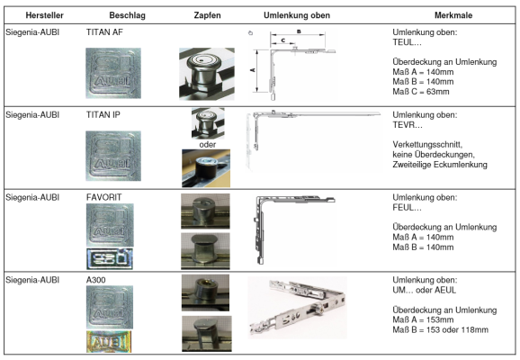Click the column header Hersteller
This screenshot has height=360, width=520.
pyautogui.click(x=44, y=15)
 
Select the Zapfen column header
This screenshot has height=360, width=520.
pyautogui.click(x=207, y=15)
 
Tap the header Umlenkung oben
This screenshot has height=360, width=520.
pyautogui.click(x=297, y=15)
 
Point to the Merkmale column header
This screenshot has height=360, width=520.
pyautogui.click(x=453, y=15)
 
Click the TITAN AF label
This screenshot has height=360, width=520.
pyautogui.click(x=104, y=32)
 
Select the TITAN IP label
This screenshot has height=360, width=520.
pyautogui.click(x=103, y=115)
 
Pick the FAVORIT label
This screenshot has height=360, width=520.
pyautogui.click(x=103, y=197)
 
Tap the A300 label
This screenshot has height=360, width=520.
pyautogui.click(x=96, y=280)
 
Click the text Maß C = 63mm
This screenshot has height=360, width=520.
pyautogui.click(x=421, y=92)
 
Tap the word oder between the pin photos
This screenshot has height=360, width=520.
pyautogui.click(x=207, y=145)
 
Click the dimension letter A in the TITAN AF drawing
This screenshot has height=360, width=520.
pyautogui.click(x=253, y=69)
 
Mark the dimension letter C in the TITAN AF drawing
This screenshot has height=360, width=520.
pyautogui.click(x=282, y=40)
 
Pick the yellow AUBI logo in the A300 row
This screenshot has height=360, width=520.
pyautogui.click(x=109, y=341)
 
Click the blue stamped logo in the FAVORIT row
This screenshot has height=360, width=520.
pyautogui.click(x=110, y=258)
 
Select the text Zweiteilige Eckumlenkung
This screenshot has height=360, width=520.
pyautogui.click(x=440, y=165)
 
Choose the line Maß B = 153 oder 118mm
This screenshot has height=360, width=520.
pyautogui.click(x=441, y=329)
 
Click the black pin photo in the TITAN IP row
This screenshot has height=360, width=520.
pyautogui.click(x=206, y=168)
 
